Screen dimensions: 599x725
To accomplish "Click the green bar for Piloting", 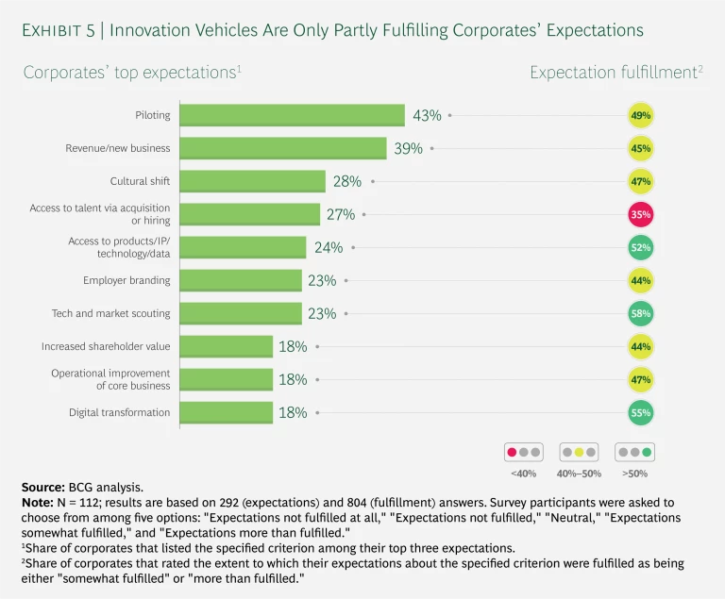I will pos(292,115).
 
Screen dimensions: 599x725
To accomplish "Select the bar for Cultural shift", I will pos(252,181).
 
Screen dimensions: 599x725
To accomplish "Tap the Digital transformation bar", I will pos(226,412).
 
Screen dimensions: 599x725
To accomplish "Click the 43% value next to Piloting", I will pos(427,115).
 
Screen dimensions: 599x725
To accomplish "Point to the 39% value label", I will pos(408,148).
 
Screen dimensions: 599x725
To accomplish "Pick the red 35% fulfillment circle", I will pos(641,214).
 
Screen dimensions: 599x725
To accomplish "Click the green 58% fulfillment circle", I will pos(641,313).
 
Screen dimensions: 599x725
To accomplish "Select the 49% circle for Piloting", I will pos(641,115).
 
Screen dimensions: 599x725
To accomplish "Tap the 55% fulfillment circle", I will pos(641,412).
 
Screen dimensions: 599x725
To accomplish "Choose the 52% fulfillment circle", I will pos(641,247).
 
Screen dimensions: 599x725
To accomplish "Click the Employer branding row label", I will pos(126,280).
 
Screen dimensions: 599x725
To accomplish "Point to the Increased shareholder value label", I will pos(106,346).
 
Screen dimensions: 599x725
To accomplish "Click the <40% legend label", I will pos(523,473).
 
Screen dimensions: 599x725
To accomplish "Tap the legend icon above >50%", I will pos(633,452).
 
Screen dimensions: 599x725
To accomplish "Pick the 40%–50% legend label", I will pos(578,473).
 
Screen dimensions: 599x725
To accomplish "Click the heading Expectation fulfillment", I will pos(613,73).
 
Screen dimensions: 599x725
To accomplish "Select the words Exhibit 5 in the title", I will pos(60,30).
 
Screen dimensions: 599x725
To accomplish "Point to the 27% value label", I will pos(341,214).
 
